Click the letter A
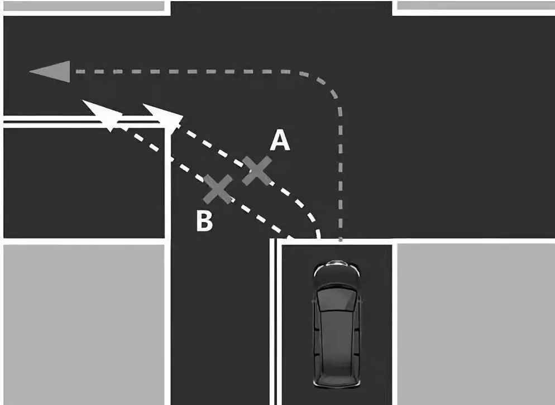click(280, 139)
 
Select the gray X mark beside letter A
click(257, 171)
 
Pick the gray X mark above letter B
click(218, 189)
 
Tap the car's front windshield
click(336, 299)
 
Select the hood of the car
click(337, 276)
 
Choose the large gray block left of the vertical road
click(84, 324)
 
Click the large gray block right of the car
click(476, 324)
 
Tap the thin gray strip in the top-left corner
click(84, 6)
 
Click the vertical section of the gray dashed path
click(340, 173)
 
